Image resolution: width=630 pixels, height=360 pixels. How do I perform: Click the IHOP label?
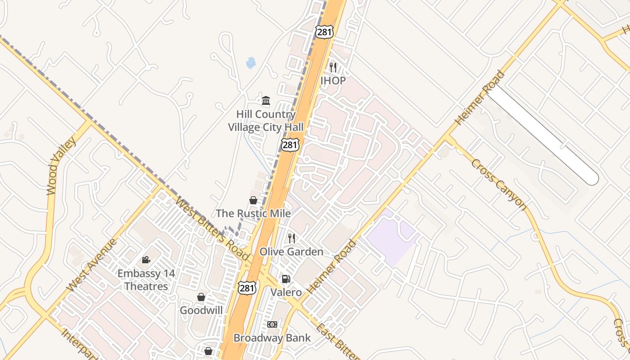click(x=333, y=81)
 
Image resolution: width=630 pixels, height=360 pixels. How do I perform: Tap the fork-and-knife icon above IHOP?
click(x=333, y=67)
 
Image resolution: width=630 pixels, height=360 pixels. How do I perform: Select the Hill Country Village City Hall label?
click(x=265, y=121)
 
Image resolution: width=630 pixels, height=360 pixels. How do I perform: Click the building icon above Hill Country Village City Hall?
click(x=266, y=100)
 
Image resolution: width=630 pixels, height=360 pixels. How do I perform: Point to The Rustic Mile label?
click(x=253, y=213)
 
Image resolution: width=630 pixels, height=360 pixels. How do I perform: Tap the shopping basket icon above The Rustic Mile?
click(x=253, y=200)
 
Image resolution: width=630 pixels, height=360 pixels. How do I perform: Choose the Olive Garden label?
click(x=291, y=252)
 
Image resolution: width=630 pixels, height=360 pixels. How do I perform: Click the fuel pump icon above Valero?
click(x=286, y=279)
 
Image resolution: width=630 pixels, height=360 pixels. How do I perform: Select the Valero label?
click(x=286, y=292)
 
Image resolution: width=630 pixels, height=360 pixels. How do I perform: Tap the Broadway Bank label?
click(x=272, y=337)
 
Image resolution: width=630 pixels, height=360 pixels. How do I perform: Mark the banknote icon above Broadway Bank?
click(x=272, y=324)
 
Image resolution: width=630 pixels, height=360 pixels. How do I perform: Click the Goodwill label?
click(x=201, y=310)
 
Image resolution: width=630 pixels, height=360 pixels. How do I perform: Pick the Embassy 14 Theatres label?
click(x=146, y=279)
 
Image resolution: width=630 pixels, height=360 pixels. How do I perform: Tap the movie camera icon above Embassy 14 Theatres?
click(x=146, y=260)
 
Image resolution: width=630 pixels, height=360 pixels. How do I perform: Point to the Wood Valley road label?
click(x=62, y=166)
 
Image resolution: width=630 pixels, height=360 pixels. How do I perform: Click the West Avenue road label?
click(x=91, y=265)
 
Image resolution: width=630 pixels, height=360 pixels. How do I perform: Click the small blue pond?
click(x=251, y=63)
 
